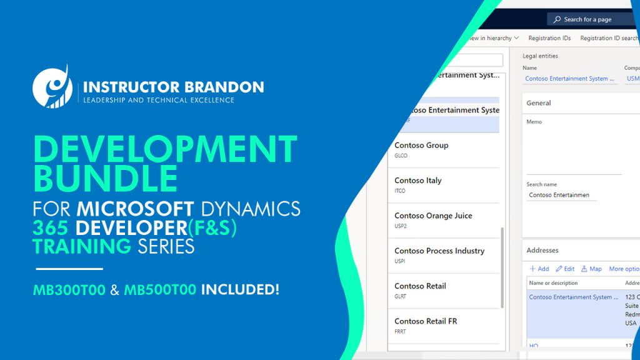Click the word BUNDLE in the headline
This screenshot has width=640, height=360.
[x=105, y=179]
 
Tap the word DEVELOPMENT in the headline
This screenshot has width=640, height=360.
[x=165, y=149]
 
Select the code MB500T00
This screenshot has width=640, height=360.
[x=160, y=290]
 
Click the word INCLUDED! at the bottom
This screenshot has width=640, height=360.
[x=240, y=290]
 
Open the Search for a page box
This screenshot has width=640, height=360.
[x=591, y=19]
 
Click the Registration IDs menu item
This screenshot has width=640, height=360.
[x=549, y=38]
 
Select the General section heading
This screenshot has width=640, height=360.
[x=539, y=103]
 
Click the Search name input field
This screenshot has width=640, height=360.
[x=561, y=195]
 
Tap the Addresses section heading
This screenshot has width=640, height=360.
[x=542, y=251]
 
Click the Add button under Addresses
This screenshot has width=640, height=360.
[x=539, y=269]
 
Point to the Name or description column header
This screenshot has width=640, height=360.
[x=553, y=283]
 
